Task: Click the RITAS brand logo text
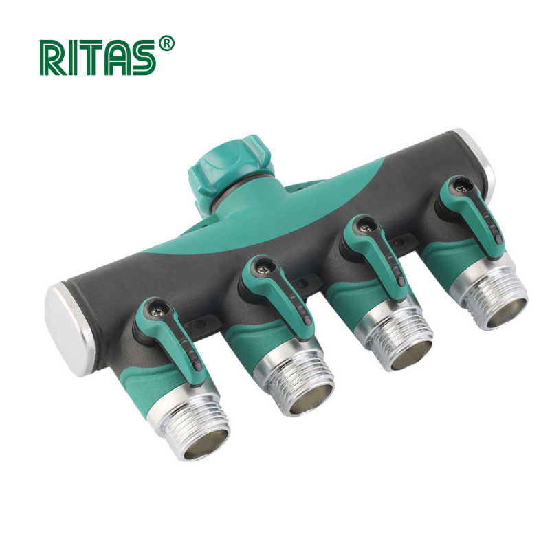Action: [x=98, y=58]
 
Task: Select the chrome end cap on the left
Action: [x=69, y=329]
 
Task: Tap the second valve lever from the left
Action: [x=277, y=298]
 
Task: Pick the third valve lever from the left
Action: [x=375, y=256]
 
